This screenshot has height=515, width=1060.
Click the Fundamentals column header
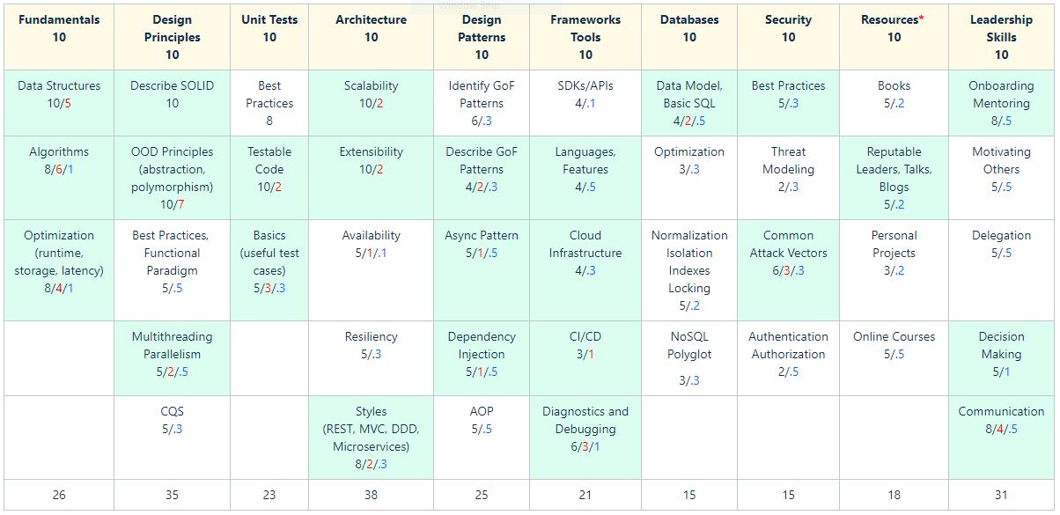click(59, 28)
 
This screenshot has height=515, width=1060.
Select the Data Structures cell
click(59, 94)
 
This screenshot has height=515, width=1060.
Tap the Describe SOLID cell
click(172, 94)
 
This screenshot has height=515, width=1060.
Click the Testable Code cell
click(269, 169)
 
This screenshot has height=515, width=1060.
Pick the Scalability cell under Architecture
click(371, 94)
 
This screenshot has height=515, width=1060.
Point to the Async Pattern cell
click(482, 244)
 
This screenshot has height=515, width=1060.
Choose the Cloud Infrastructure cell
click(585, 253)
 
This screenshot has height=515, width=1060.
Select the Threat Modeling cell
click(788, 169)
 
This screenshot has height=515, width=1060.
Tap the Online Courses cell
click(894, 345)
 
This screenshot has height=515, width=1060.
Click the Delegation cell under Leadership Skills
click(1001, 244)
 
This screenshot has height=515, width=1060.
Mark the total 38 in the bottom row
click(371, 495)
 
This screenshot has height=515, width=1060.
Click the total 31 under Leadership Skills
click(1001, 495)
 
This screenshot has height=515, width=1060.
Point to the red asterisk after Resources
click(922, 18)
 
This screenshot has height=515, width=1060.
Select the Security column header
click(788, 28)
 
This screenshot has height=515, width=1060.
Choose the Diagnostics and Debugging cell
click(585, 429)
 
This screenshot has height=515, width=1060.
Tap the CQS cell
click(172, 420)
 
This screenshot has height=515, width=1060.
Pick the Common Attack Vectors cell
click(788, 253)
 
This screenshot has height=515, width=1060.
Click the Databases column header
click(689, 28)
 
